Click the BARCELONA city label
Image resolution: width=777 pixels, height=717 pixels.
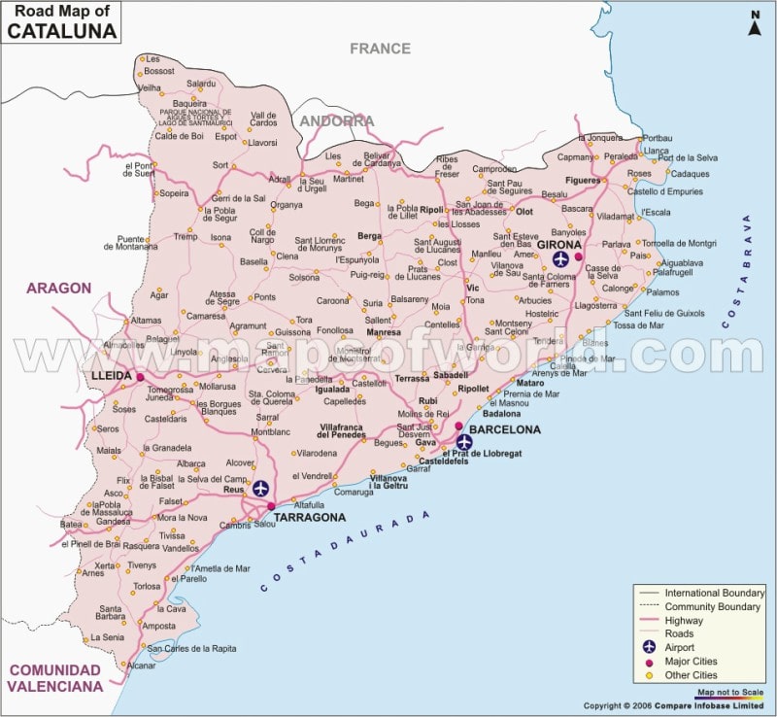[x=505, y=429]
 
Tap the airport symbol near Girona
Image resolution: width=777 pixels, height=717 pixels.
[x=560, y=258]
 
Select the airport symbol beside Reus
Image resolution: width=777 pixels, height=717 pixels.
[x=261, y=488]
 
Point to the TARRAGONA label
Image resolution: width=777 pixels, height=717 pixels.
[x=309, y=518]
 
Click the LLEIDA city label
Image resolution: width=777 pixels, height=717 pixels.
[x=112, y=375]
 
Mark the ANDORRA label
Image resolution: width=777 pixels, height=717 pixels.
[x=336, y=121]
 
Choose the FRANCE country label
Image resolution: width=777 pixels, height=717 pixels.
[x=380, y=49]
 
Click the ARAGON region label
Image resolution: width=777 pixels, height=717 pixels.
[x=58, y=288]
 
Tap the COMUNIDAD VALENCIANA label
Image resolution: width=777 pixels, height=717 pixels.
[x=54, y=678]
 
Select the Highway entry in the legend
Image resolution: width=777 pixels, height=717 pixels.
[x=686, y=620]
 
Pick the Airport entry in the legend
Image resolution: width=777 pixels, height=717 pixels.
[x=680, y=647]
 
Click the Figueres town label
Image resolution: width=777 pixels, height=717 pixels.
[x=583, y=181]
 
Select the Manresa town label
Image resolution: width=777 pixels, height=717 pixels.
[x=383, y=332]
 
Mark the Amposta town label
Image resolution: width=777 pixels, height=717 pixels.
[x=158, y=626]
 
